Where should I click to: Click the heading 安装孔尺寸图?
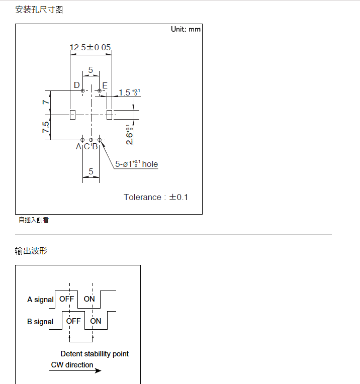pos(39,10)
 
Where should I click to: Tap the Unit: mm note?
pos(186,29)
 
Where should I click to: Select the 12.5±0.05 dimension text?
pos(90,48)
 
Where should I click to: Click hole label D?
pos(77,85)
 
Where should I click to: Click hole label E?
pos(105,85)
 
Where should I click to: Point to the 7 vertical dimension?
pos(45,102)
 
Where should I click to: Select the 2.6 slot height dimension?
pos(130,134)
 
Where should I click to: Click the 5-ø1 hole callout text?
pos(136,164)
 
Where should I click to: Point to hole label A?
pos(78,147)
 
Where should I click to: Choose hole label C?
pos(86,147)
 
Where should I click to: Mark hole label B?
pos(95,147)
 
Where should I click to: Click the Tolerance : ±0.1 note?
pos(156,197)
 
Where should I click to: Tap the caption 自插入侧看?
pos(34,220)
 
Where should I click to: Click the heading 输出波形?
pos(31,250)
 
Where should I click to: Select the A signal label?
pos(40,300)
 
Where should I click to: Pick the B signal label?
pos(40,322)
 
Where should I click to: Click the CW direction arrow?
pos(76,371)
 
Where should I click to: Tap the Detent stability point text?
pos(95,354)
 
